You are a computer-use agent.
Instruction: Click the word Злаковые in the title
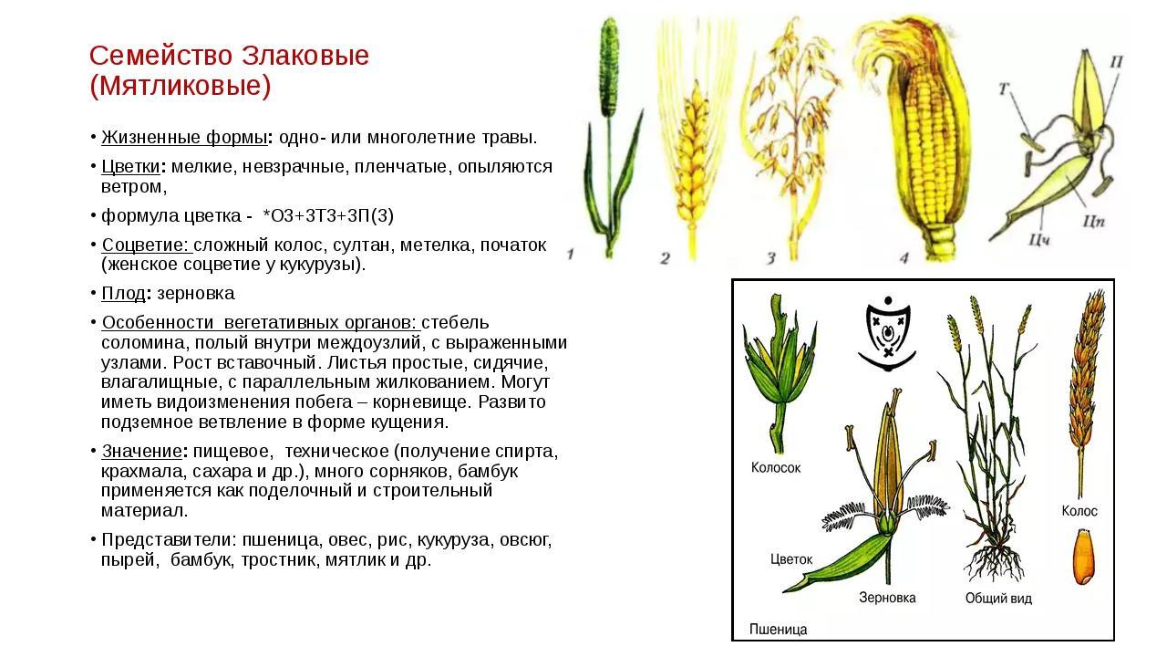305,56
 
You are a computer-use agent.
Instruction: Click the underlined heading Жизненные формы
184,138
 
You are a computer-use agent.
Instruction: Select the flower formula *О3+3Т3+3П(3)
329,216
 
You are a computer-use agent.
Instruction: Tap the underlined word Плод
123,294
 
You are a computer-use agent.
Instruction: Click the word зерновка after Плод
196,294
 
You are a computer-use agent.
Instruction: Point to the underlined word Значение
141,451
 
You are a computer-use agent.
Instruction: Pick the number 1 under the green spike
571,255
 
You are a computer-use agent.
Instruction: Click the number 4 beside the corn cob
904,257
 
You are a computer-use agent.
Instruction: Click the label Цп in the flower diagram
1093,222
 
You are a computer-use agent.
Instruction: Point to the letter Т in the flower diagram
1004,89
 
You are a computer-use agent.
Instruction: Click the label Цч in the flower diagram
1038,240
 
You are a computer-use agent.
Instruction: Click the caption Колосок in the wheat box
776,468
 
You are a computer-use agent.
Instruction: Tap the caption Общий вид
998,599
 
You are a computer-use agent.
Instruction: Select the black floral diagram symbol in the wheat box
887,334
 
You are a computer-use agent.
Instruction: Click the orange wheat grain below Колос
1084,557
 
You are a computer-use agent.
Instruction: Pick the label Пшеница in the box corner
779,630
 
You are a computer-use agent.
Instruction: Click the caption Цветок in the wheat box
791,559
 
